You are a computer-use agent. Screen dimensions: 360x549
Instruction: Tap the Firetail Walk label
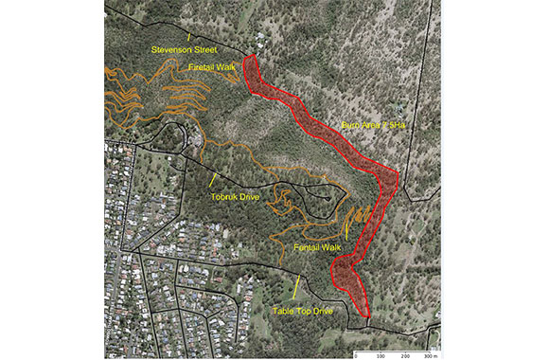click(212, 67)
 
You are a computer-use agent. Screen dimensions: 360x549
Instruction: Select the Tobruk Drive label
click(236, 197)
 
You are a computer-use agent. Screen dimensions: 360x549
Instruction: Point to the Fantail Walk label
click(317, 246)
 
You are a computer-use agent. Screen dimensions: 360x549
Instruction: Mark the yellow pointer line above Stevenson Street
click(188, 35)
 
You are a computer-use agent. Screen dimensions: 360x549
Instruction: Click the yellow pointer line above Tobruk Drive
click(214, 179)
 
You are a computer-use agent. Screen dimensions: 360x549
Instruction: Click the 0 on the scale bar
click(355, 355)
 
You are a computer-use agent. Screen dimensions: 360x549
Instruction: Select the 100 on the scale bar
click(381, 355)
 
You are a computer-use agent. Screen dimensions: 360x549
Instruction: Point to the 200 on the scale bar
click(406, 355)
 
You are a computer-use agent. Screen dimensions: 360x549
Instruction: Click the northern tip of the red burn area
click(251, 57)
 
